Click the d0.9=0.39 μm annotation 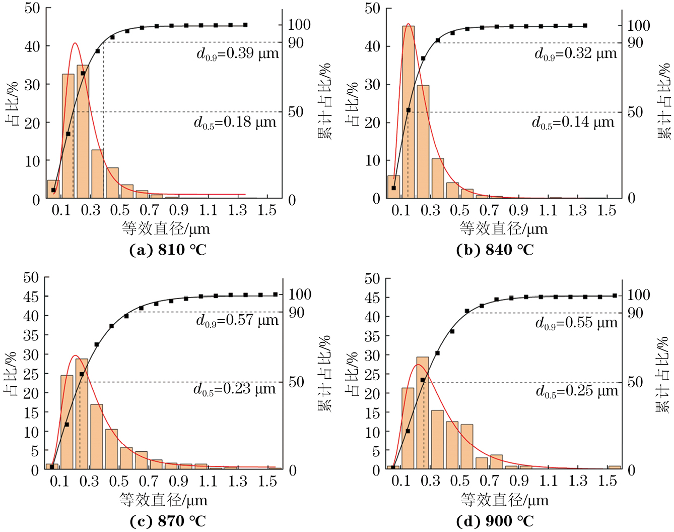pyautogui.click(x=237, y=53)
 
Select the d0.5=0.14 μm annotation pyautogui.click(x=573, y=123)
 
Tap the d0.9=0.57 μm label pyautogui.click(x=237, y=320)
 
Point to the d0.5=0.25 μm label pyautogui.click(x=577, y=391)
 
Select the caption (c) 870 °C pyautogui.click(x=168, y=521)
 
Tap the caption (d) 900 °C pyautogui.click(x=495, y=521)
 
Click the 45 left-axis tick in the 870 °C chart pyautogui.click(x=31, y=297)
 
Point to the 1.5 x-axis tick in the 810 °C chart pyautogui.click(x=267, y=210)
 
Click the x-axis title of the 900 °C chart pyautogui.click(x=504, y=500)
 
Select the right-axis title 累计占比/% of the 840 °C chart pyautogui.click(x=664, y=101)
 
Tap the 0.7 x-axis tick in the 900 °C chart pyautogui.click(x=489, y=481)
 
